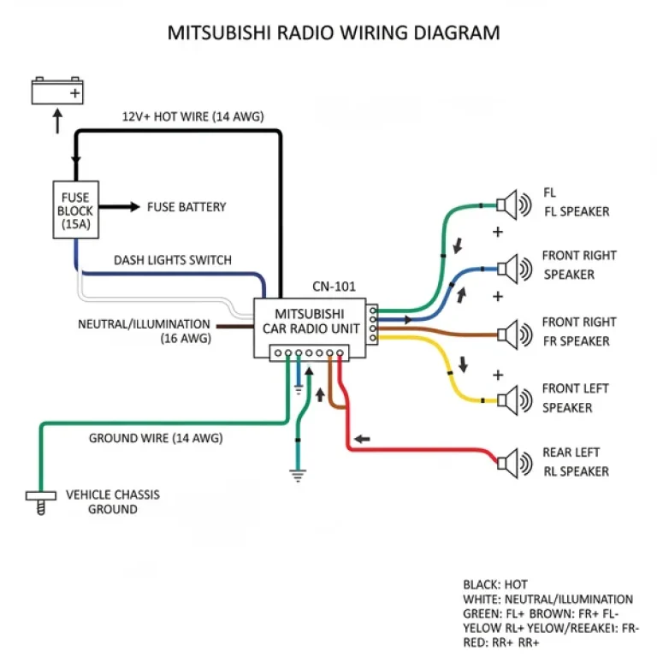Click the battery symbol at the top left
58,90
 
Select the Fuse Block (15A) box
75,208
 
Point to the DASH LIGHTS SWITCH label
172,260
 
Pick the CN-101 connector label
334,287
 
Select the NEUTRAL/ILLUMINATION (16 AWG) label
144,331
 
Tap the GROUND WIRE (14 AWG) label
156,439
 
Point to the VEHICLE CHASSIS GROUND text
113,502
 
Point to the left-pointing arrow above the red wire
363,440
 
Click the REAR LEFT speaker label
576,462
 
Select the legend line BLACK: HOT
495,585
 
